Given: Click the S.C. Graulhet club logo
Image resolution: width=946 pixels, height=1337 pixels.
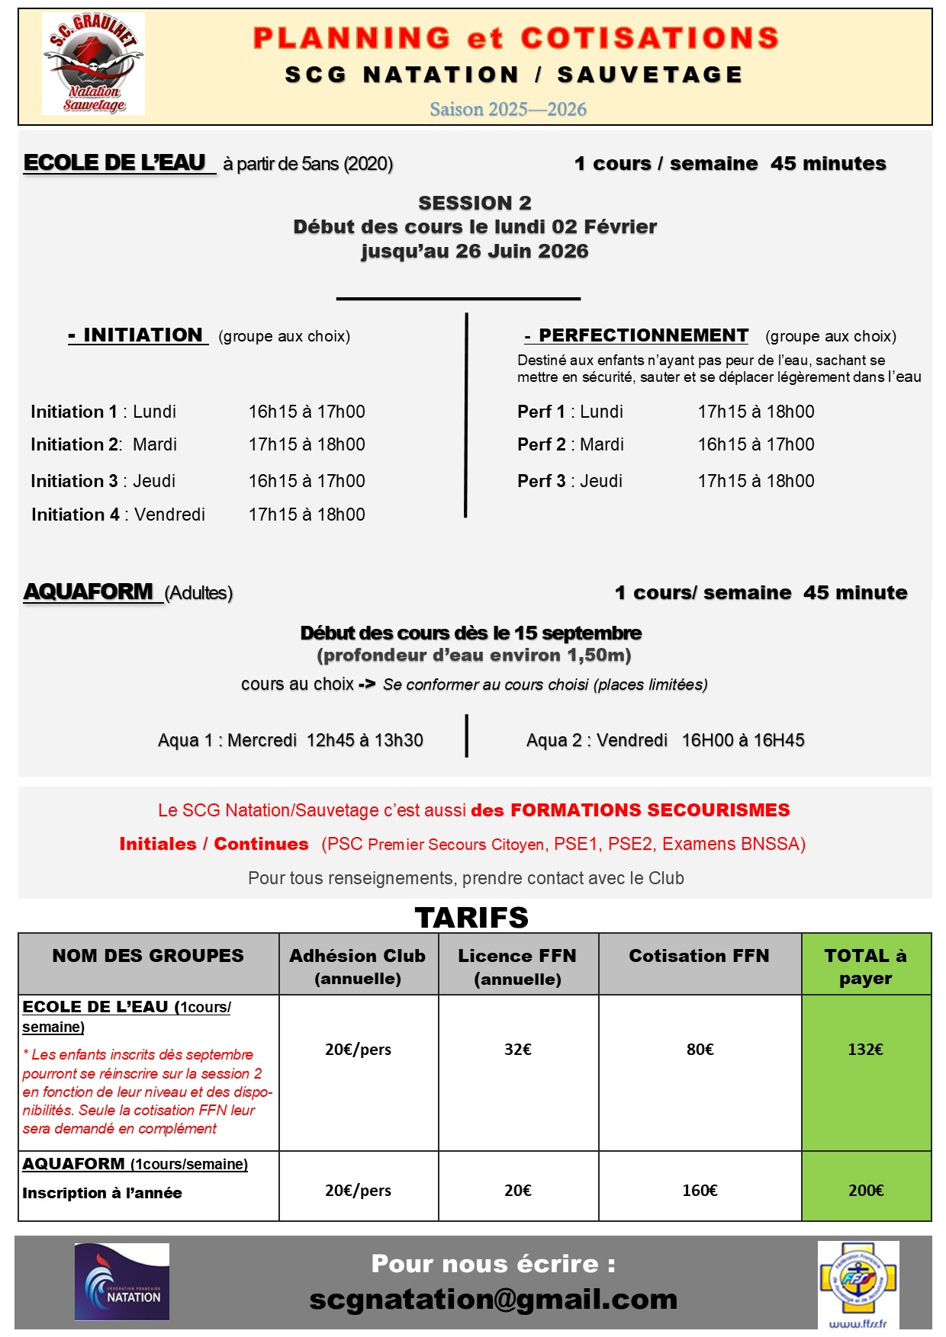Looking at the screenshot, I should click(93, 64).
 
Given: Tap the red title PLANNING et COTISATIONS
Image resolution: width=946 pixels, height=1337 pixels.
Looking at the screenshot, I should click(516, 38).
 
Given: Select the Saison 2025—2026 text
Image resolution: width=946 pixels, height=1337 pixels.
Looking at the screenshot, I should click(508, 109).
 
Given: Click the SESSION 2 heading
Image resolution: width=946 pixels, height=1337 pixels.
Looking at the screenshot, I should click(475, 203).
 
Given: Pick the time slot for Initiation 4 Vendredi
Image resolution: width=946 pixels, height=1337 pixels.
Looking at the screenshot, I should click(307, 515).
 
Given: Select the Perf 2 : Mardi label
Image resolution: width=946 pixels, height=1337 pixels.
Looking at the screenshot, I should click(571, 444).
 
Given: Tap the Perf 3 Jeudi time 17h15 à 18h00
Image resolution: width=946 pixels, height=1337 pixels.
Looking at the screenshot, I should click(756, 481).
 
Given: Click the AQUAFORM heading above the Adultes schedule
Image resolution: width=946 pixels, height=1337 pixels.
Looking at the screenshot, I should click(89, 592).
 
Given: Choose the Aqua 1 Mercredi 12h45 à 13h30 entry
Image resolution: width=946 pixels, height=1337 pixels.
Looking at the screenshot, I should click(291, 740).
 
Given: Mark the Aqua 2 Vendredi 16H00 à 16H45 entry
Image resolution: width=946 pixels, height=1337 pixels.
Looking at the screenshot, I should click(665, 740).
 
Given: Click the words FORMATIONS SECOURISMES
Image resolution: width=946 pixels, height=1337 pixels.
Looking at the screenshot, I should click(650, 810).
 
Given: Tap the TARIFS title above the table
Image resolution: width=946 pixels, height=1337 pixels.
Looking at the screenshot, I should click(471, 918).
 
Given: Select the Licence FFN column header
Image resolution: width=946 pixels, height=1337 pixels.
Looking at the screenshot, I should click(517, 966).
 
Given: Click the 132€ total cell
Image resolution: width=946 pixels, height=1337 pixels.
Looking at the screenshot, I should click(865, 1050).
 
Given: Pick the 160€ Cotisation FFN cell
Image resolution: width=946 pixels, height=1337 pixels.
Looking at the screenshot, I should click(700, 1191).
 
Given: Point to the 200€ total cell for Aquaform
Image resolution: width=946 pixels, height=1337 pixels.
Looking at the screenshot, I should click(866, 1191).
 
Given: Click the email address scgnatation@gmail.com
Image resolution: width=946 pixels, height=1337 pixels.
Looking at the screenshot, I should click(494, 1300).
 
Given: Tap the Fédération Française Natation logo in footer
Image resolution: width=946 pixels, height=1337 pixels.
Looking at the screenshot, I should click(122, 1282).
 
